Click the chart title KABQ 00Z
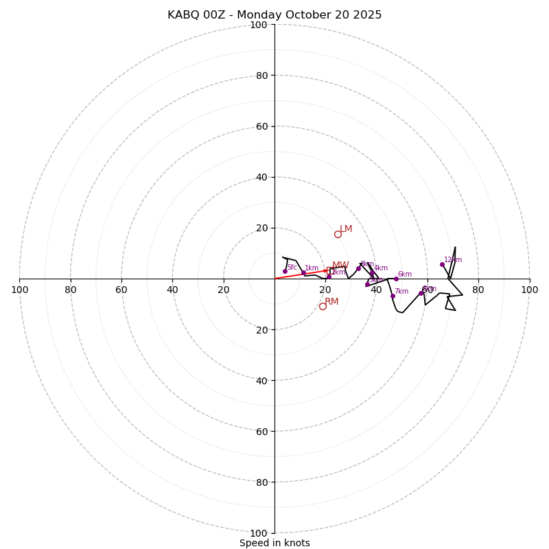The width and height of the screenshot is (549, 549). coord(274,15)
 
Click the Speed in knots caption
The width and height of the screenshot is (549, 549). coord(274,543)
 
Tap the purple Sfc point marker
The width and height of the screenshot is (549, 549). coord(285,271)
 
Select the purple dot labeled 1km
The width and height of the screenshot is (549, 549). coord(303,273)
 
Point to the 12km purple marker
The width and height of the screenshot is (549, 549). coord(442,264)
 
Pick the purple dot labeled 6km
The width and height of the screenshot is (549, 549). coord(396,279)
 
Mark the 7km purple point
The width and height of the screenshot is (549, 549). coord(393,296)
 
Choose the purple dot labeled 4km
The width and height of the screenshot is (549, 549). coord(372,272)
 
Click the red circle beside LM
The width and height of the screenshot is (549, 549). coord(338,234)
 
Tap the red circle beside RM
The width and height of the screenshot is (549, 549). coord(323,306)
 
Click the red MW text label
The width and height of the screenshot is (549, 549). coord(340,266)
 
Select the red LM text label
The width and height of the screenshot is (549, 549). coord(346,229)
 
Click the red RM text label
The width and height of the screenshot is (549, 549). coord(331,302)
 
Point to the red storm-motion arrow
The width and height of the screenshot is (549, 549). coord(302,274)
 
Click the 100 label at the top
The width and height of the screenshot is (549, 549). coord(259,25)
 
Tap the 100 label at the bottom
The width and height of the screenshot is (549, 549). coord(259,533)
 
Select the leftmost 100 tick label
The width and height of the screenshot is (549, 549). coord(19,290)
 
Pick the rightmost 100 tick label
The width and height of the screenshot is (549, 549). coord(529,290)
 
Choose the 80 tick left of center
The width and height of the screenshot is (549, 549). coord(71,290)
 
